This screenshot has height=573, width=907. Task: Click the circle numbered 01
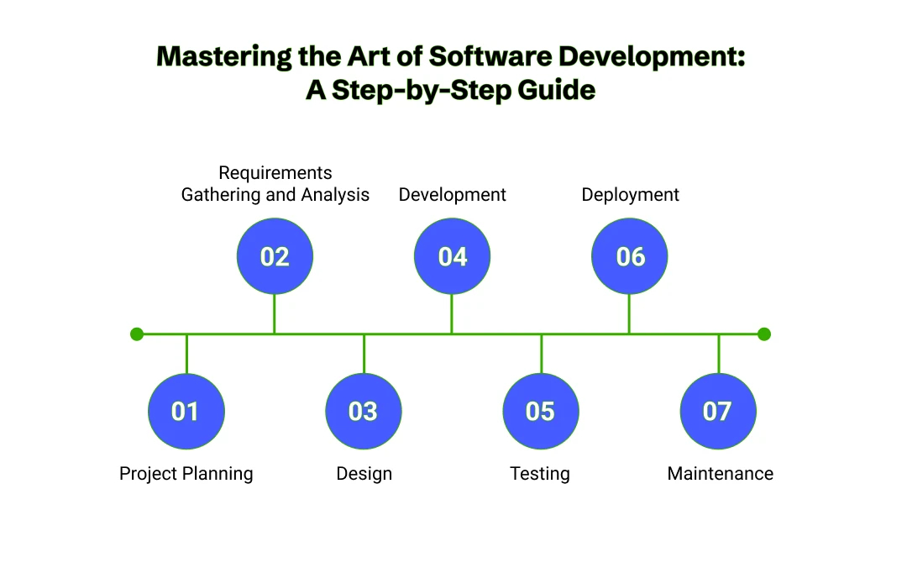186,411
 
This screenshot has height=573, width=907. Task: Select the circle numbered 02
275,256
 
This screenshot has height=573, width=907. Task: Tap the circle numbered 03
363,411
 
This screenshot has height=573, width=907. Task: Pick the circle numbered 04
452,256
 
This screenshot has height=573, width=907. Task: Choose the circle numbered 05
540,411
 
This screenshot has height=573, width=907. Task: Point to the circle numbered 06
630,256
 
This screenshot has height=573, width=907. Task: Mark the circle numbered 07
717,411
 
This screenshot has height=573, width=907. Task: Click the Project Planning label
186,474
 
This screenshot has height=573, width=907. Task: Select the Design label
364,474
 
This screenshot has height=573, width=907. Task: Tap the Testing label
540,474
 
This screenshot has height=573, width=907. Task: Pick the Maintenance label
720,474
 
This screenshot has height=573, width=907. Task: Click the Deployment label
630,195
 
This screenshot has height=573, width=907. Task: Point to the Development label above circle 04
452,195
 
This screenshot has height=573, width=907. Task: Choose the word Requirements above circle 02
275,173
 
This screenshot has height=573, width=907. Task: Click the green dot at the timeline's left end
137,334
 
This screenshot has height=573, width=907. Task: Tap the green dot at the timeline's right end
763,334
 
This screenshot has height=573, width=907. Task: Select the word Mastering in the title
226,56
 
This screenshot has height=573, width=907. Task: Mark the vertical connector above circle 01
186,354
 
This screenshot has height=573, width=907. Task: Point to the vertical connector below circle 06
630,314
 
